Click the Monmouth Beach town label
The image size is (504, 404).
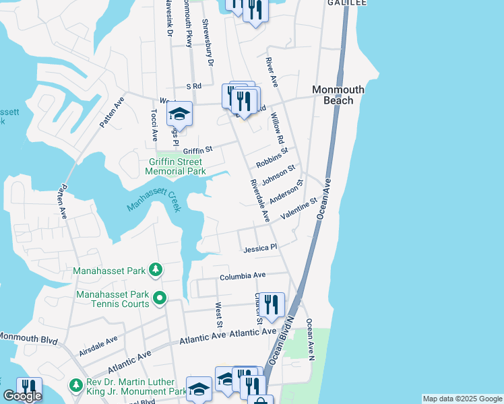[x=338, y=95]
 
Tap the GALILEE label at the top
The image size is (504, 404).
[x=347, y=3]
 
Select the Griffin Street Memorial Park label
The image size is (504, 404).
[x=175, y=166]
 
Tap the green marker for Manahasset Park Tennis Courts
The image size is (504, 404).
[x=160, y=297]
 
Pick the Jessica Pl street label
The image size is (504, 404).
[x=260, y=248]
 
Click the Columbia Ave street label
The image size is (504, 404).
[x=243, y=275]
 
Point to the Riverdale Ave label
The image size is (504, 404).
[x=259, y=201]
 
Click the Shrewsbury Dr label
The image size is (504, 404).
[x=208, y=42]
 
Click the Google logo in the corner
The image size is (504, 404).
[x=22, y=396]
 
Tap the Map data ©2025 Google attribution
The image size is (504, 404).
[x=462, y=399]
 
